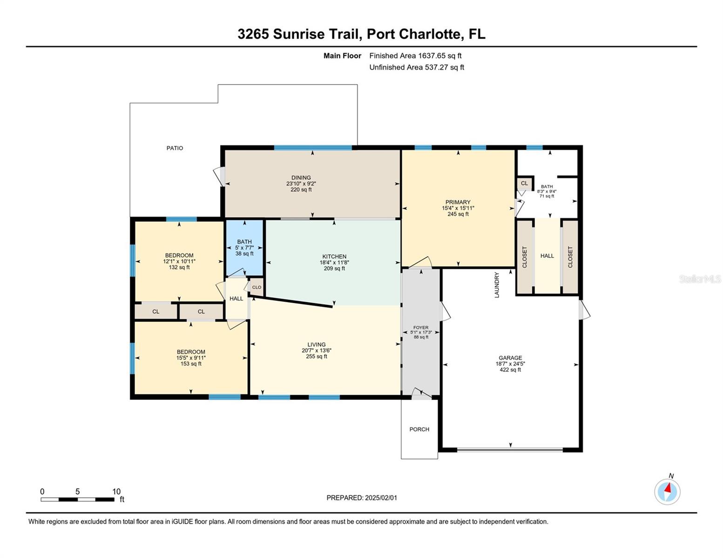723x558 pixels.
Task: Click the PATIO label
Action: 175,148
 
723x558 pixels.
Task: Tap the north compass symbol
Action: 667,492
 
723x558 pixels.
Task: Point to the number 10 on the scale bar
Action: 116,492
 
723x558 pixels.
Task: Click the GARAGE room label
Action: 510,358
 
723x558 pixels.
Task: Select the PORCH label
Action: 419,430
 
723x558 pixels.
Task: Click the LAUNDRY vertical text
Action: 497,285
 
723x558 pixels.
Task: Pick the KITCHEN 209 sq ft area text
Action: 334,269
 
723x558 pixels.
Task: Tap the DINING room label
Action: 301,178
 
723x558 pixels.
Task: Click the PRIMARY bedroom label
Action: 458,202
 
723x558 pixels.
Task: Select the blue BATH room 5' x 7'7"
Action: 244,248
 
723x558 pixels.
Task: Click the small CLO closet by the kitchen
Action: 257,287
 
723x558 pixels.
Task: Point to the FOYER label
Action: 421,328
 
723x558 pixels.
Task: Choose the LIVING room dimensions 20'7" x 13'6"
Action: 317,351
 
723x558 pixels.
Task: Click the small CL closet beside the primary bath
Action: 525,184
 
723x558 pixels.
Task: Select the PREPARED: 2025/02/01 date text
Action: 362,498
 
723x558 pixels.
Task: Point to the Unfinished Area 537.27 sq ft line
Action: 417,67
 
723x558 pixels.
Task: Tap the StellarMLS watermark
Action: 700,279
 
